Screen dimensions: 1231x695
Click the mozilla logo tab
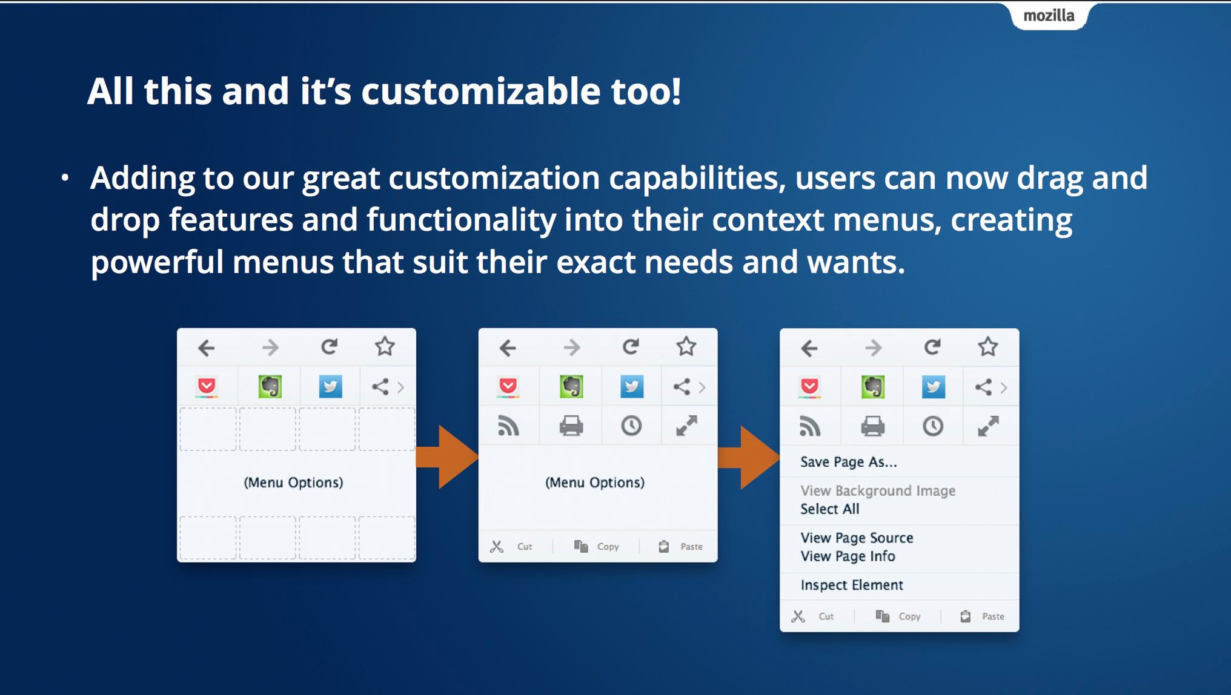click(x=1049, y=16)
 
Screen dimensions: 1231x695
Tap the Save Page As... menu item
click(x=848, y=462)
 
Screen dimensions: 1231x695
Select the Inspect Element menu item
click(x=851, y=585)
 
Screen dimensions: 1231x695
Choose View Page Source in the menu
click(x=857, y=538)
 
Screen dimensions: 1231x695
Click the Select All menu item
click(x=829, y=509)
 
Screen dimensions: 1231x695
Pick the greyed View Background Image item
click(x=878, y=490)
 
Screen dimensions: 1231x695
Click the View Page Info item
click(x=848, y=556)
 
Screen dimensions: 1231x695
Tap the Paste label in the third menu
click(x=993, y=616)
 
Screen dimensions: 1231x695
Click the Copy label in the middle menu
click(x=608, y=547)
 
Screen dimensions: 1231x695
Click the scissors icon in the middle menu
click(x=497, y=547)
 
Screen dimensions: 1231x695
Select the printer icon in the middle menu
click(x=571, y=426)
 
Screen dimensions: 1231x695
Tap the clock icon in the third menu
click(x=933, y=426)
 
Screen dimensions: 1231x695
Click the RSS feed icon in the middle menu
click(x=508, y=426)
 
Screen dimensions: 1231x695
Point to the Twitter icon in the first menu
click(x=330, y=386)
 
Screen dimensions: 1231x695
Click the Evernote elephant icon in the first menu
click(x=270, y=386)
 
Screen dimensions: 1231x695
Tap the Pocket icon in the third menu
click(x=810, y=386)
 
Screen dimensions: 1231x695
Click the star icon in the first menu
click(x=385, y=347)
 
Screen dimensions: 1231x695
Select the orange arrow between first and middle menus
click(x=447, y=456)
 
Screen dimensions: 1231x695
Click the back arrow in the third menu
click(x=809, y=348)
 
